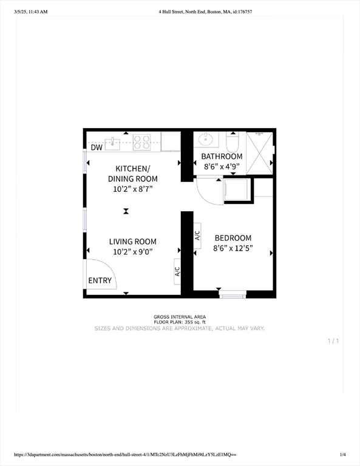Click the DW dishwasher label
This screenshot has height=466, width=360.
97,147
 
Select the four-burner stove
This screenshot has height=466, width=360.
142,142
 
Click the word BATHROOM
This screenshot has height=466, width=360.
222,157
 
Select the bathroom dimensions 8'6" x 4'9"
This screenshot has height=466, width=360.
222,166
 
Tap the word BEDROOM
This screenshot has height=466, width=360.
232,238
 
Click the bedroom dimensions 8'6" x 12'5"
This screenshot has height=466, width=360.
232,248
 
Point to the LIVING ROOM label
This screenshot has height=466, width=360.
133,241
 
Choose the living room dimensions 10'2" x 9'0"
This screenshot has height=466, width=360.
133,252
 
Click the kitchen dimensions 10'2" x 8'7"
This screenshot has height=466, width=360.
132,189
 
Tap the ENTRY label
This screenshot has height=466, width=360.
100,280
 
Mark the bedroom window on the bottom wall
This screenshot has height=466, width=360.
233,295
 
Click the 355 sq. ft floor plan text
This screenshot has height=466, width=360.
180,322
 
